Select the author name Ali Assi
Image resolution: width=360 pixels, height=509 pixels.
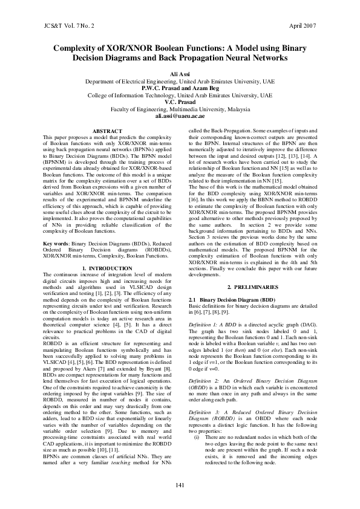click(180, 73)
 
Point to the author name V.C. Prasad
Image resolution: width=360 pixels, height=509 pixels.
click(180, 102)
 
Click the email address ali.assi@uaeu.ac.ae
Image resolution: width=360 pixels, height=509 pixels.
click(180, 115)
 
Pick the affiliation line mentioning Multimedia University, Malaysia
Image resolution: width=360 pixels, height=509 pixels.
click(180, 109)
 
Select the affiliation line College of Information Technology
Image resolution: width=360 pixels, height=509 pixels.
click(180, 95)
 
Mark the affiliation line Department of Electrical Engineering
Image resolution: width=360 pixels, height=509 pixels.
click(180, 80)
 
